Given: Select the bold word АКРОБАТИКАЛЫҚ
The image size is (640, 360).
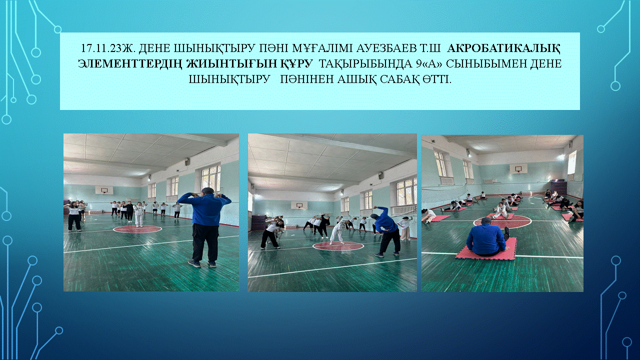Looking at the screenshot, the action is pyautogui.click(x=503, y=48).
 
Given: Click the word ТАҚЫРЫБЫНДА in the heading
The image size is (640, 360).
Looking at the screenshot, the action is pyautogui.click(x=363, y=63).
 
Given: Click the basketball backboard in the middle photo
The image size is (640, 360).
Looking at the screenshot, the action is pyautogui.click(x=299, y=205).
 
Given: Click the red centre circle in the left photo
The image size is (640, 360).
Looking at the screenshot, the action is pyautogui.click(x=137, y=229).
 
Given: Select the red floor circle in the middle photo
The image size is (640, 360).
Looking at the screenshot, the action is pyautogui.click(x=338, y=245).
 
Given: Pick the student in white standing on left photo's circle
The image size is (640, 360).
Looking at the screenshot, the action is pyautogui.click(x=139, y=214).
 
